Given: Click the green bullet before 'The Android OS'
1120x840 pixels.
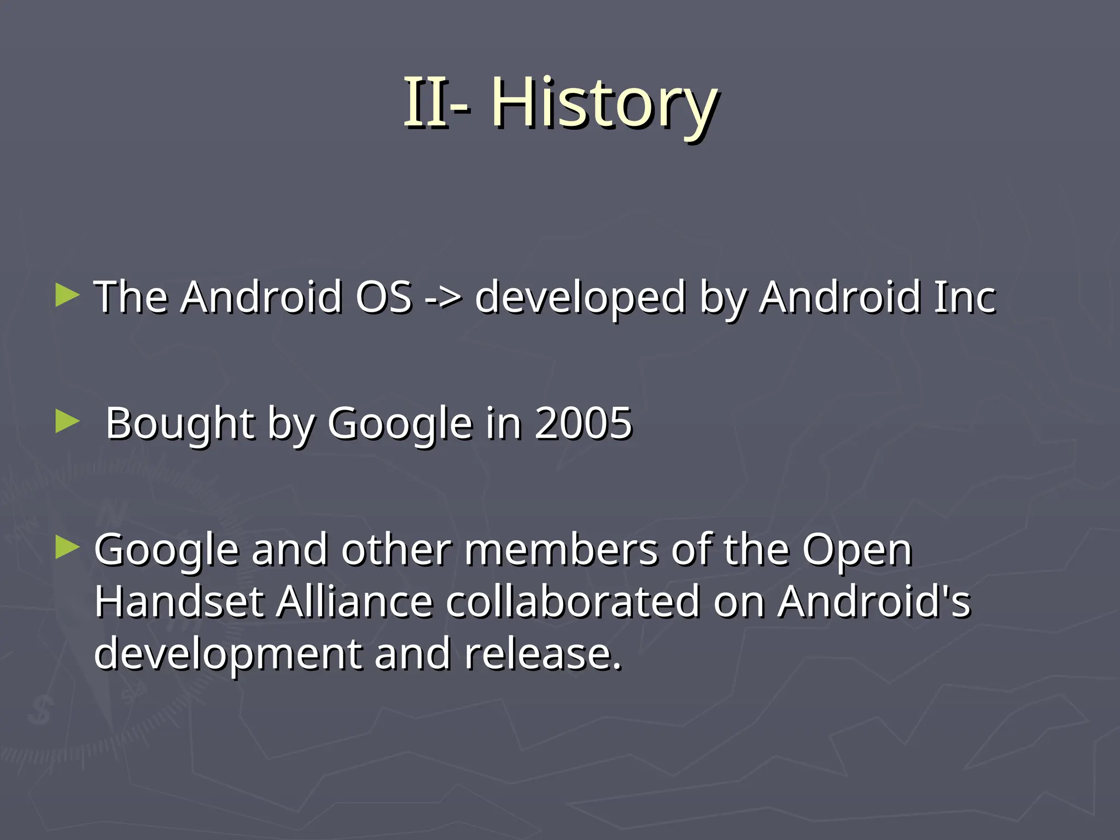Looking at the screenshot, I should pyautogui.click(x=68, y=295).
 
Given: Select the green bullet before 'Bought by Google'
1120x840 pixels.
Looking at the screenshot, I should pyautogui.click(x=68, y=422).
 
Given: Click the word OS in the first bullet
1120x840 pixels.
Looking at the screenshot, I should pyautogui.click(x=383, y=297).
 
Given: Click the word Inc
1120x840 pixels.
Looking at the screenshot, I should pyautogui.click(x=965, y=297).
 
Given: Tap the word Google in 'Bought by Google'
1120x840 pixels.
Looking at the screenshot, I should pyautogui.click(x=400, y=424).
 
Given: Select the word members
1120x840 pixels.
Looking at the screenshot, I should pyautogui.click(x=561, y=550).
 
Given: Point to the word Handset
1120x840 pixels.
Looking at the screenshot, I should pyautogui.click(x=179, y=602).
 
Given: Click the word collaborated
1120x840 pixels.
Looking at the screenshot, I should pyautogui.click(x=573, y=602).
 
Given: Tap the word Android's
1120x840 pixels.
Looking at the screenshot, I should pyautogui.click(x=874, y=602).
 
